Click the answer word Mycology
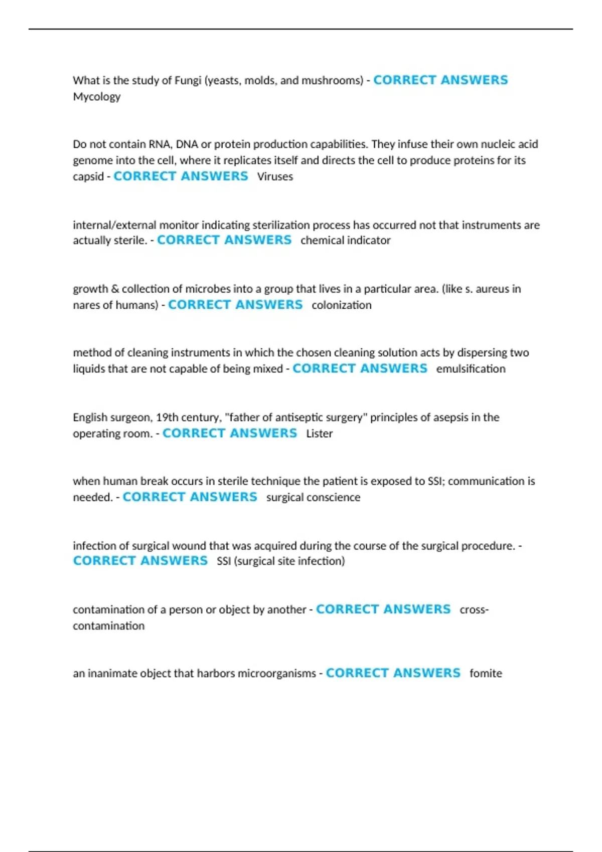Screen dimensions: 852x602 [96, 97]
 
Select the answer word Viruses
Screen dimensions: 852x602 [275, 176]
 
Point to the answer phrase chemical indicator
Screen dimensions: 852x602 [345, 241]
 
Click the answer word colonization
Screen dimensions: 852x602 [341, 305]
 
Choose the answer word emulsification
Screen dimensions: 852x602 [471, 369]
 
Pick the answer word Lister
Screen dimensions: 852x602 [319, 434]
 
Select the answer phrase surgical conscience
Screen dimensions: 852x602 [313, 497]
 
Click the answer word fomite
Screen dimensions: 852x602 [485, 673]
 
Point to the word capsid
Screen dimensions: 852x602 [88, 177]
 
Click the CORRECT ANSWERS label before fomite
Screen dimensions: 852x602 [393, 673]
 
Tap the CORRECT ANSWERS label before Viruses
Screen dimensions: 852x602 [181, 176]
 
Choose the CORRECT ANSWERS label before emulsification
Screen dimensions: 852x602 [360, 368]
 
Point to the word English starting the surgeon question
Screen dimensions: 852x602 [90, 417]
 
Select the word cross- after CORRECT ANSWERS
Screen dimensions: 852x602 [474, 609]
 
